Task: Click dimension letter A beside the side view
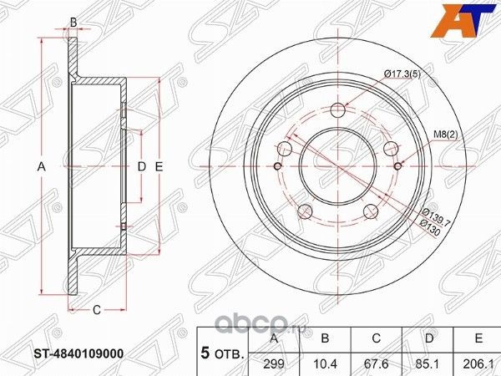pyautogui.click(x=41, y=167)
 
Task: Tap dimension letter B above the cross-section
pyautogui.click(x=73, y=22)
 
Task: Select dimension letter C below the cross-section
pyautogui.click(x=96, y=310)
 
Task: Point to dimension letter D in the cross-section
pyautogui.click(x=141, y=167)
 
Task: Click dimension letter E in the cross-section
pyautogui.click(x=158, y=167)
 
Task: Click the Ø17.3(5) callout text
pyautogui.click(x=402, y=76)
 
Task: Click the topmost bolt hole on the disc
pyautogui.click(x=338, y=109)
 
